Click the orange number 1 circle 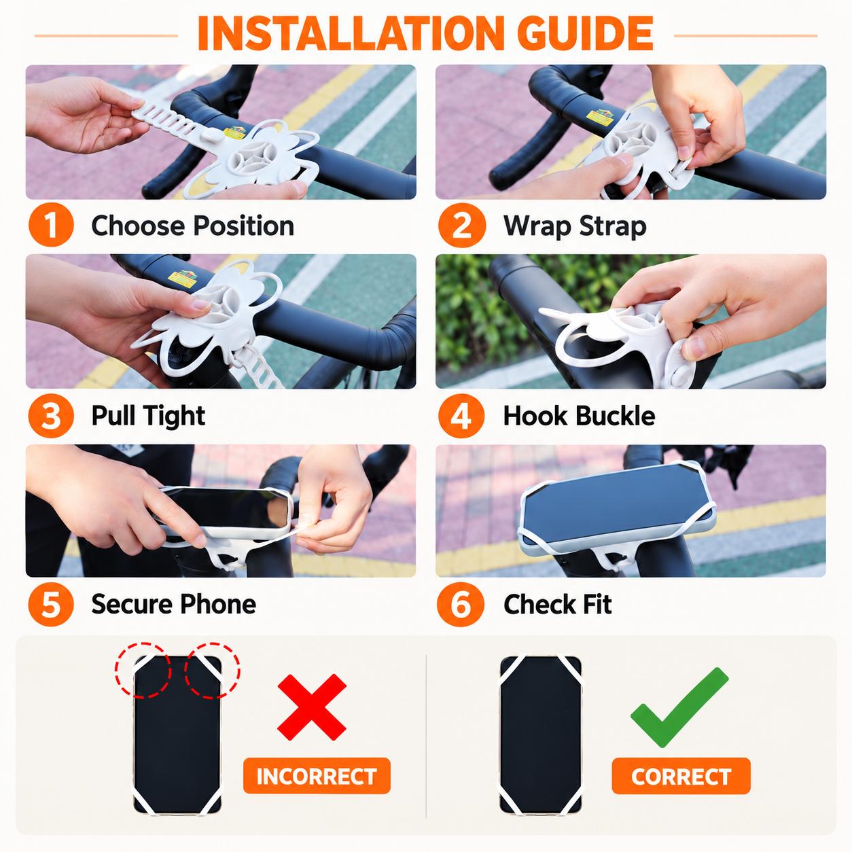(51, 225)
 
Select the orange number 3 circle (51, 416)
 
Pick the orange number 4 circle (461, 416)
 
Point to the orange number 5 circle (51, 604)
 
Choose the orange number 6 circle (460, 604)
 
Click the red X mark (312, 707)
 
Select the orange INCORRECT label (317, 776)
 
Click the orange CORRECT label (681, 776)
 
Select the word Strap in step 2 (613, 227)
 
